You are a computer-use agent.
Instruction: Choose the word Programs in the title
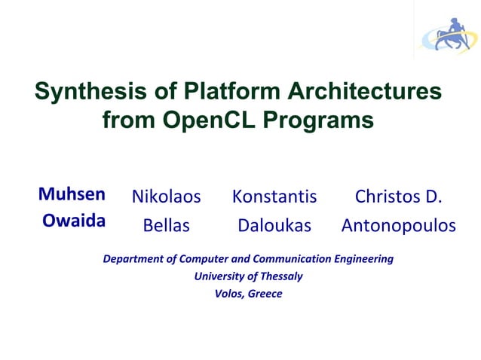click(324, 120)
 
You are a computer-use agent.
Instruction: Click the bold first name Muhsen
click(72, 195)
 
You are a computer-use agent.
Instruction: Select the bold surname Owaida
click(73, 221)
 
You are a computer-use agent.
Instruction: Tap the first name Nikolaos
click(166, 197)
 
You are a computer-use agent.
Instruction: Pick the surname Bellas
click(166, 225)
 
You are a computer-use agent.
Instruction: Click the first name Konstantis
click(274, 197)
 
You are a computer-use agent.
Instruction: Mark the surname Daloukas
click(274, 225)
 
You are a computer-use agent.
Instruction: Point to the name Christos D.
click(398, 197)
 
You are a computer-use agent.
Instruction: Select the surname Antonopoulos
click(399, 225)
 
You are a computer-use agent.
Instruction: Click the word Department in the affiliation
click(130, 259)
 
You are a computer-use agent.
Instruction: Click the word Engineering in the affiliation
click(363, 259)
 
